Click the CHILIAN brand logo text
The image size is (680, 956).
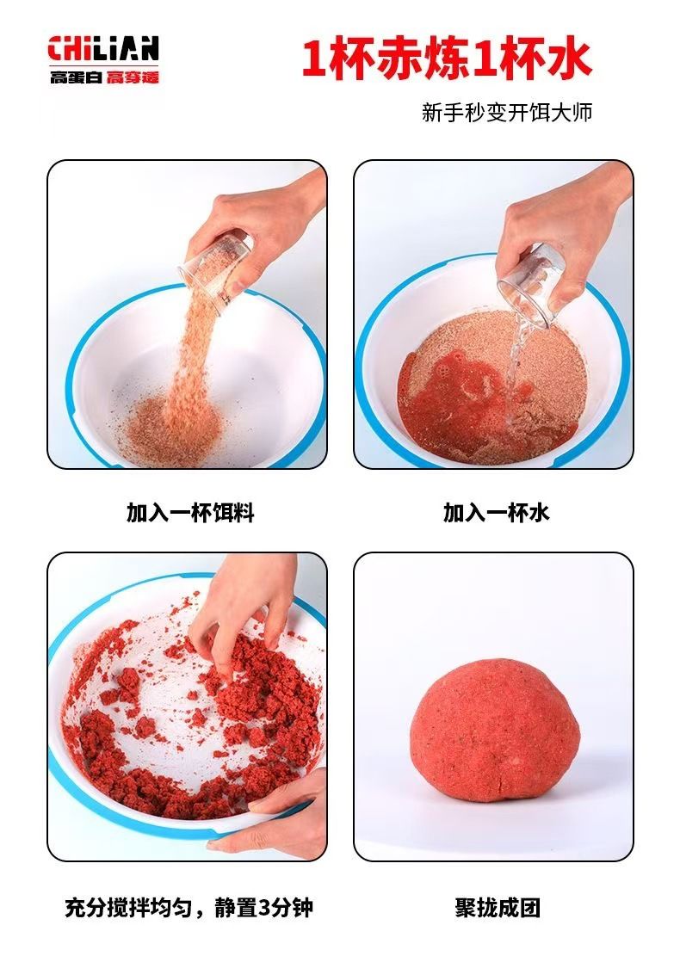coord(103,49)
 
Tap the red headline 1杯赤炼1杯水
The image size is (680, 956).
coord(447,59)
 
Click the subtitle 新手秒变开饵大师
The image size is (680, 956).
coord(507,112)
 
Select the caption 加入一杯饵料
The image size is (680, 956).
coord(190,513)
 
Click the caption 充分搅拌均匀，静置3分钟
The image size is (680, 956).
coord(189,908)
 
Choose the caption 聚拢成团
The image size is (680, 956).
coord(498,908)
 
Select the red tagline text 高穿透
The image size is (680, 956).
coord(133,77)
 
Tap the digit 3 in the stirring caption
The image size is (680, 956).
coord(264,909)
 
